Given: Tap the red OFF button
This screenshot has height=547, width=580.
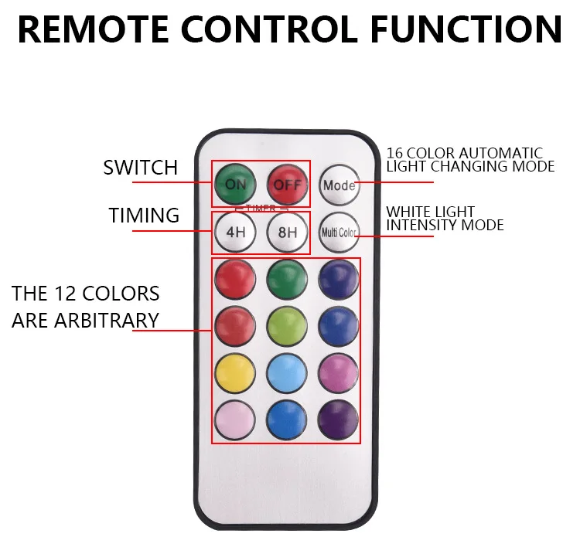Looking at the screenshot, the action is click(x=288, y=184).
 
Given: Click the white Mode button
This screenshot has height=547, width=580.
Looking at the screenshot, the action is click(x=339, y=185).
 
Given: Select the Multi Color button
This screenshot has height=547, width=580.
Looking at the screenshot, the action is click(x=339, y=232).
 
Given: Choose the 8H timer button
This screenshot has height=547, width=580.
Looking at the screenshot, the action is click(x=288, y=232).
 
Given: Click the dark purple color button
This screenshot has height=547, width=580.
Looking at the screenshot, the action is click(x=339, y=420).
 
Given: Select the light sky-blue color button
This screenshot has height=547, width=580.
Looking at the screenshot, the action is click(x=287, y=374).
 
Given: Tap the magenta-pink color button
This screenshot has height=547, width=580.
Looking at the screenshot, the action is click(x=339, y=374).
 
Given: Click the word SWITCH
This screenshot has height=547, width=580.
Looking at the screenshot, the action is click(x=141, y=168).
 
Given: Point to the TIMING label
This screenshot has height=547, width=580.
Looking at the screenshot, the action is click(x=144, y=216).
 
